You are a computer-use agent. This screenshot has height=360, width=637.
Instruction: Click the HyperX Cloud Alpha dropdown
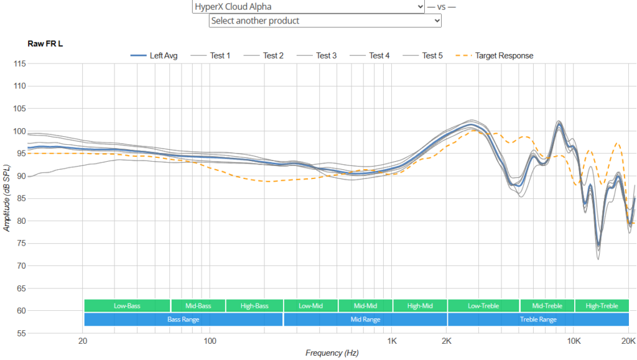point(309,6)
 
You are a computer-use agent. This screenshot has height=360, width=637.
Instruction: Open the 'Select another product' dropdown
point(325,21)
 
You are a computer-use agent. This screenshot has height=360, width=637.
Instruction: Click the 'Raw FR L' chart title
point(45,44)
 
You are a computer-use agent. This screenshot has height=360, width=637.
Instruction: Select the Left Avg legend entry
point(154,55)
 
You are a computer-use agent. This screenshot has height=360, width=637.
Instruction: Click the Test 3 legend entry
point(317,55)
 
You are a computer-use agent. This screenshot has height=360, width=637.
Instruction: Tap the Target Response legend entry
point(495,55)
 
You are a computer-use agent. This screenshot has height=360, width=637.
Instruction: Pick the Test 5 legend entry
point(422,55)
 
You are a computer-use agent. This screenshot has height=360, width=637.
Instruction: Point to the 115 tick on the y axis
point(19,63)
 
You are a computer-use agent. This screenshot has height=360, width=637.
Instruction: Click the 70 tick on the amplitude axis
point(21,266)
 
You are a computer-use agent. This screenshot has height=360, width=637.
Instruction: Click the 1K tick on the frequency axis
point(392,341)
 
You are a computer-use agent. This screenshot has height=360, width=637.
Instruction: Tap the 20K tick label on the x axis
point(628,341)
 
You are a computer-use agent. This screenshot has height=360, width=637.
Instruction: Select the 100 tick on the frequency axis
point(210,341)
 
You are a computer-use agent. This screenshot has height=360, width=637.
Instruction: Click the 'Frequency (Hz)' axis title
point(332,353)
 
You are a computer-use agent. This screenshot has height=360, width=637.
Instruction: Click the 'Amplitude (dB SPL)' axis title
point(6,198)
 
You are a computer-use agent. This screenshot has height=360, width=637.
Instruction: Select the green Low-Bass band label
point(127,306)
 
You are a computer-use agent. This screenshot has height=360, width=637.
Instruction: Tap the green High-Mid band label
point(420,306)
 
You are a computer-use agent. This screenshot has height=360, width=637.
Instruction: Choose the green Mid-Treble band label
point(547,306)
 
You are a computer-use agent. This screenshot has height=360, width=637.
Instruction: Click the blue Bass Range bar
point(184,320)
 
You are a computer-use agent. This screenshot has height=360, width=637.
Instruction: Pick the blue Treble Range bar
point(538,320)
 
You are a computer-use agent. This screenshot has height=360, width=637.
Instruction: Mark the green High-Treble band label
point(602,306)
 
